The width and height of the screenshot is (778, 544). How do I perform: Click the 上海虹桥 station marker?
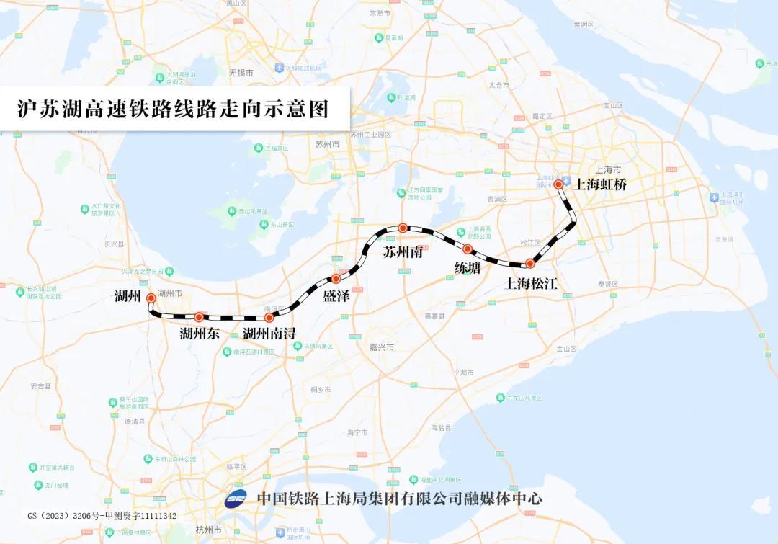point(558,184)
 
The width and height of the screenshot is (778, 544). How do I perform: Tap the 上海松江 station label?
point(532,283)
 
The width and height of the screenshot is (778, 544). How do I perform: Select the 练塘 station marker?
point(468,249)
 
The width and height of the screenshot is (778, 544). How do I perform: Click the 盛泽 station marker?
point(336,278)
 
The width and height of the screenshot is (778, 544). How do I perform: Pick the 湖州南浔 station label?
point(269,333)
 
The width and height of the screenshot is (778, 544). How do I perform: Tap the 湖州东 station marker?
point(199,317)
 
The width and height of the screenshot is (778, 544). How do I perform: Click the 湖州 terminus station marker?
point(151,298)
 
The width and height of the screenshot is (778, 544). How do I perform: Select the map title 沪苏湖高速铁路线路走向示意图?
point(173,109)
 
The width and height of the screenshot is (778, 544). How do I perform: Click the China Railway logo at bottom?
point(236,499)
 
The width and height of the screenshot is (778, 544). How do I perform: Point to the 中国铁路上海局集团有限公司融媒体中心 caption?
point(400,498)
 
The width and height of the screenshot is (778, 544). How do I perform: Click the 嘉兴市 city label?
point(383,347)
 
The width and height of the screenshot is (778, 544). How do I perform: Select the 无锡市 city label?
point(241,73)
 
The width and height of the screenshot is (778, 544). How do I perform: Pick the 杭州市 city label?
point(207,530)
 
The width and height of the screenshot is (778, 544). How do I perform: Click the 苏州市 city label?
point(327,144)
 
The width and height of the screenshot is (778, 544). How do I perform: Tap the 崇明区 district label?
point(583,24)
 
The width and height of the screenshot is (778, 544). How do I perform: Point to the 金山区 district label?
point(566,349)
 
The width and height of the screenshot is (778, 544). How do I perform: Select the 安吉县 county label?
point(40,386)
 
